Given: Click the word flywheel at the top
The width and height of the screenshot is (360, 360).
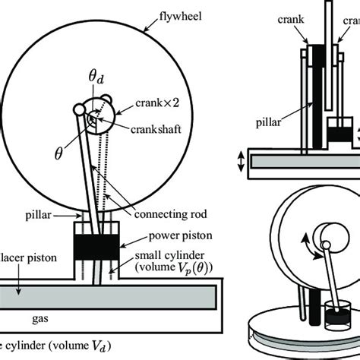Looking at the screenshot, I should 177,14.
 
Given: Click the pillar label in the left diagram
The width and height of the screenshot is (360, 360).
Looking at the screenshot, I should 58,216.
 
